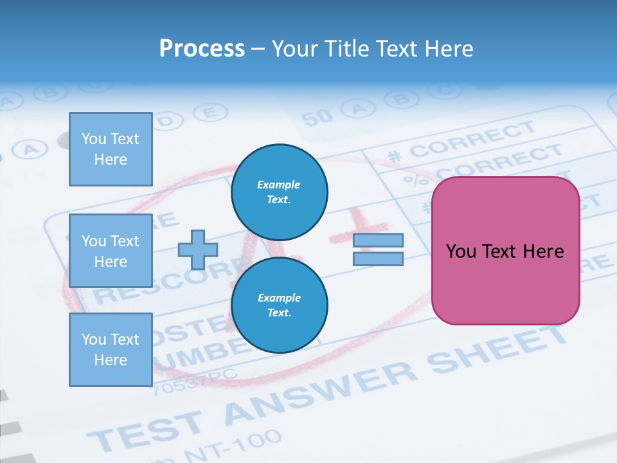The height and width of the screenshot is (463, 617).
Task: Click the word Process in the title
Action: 202,49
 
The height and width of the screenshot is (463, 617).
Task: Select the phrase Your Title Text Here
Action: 372,49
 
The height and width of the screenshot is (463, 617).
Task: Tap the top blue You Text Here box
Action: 111,149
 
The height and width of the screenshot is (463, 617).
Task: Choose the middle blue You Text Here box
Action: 111,251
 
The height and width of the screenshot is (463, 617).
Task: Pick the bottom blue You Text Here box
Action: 111,350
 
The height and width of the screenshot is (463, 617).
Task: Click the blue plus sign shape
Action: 198,250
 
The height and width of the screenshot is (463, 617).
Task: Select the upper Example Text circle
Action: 279,192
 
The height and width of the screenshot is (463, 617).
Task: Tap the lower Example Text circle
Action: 279,305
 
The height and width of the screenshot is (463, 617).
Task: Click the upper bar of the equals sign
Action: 378,240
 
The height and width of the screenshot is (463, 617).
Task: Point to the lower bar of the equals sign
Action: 378,259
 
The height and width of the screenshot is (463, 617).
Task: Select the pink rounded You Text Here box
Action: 505,251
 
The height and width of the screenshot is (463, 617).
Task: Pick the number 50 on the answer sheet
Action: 316,116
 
